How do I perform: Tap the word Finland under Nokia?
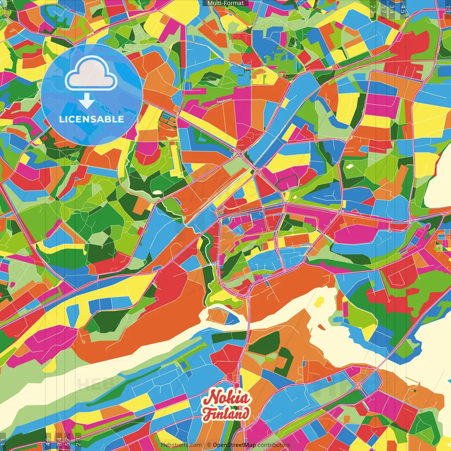[226, 414]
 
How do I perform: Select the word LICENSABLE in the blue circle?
[92, 119]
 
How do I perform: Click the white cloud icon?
[91, 73]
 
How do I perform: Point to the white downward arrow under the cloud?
[87, 101]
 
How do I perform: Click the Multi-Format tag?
[225, 3]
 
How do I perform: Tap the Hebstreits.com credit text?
[181, 445]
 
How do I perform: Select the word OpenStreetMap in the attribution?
[234, 445]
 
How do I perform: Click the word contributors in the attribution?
[273, 445]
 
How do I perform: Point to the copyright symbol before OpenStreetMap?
[209, 445]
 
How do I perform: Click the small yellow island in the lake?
[319, 301]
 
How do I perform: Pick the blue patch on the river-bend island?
[231, 319]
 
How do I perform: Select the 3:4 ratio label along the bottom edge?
[59, 441]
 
